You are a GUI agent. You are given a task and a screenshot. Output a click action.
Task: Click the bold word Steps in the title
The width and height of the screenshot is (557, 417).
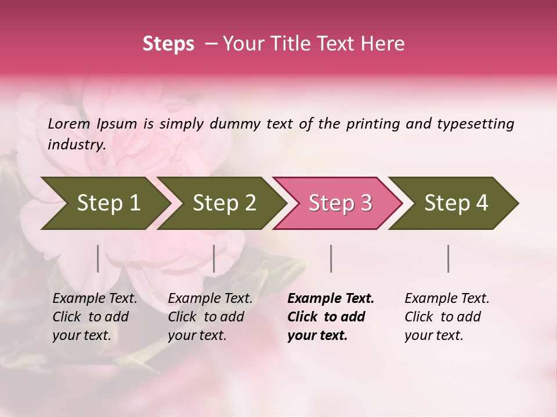(x=168, y=44)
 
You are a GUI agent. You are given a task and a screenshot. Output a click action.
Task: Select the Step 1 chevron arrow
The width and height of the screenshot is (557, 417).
(x=104, y=203)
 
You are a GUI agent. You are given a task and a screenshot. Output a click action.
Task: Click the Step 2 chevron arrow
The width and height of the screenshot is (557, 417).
(x=221, y=203)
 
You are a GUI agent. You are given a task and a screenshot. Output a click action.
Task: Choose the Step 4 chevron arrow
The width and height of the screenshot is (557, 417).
(x=453, y=203)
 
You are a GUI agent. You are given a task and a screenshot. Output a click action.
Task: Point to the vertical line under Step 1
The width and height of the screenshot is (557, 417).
(x=98, y=258)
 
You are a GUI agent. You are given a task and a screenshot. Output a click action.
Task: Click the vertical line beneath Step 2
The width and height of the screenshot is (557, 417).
(x=214, y=258)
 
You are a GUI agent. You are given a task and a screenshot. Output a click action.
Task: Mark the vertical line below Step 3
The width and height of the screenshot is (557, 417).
(x=331, y=258)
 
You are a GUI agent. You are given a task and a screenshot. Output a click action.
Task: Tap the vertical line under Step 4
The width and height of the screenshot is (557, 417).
(x=448, y=258)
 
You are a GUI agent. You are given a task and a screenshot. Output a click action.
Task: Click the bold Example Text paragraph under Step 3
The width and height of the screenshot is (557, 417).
(x=331, y=317)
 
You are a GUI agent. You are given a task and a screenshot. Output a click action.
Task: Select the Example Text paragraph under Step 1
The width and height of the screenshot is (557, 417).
(x=95, y=317)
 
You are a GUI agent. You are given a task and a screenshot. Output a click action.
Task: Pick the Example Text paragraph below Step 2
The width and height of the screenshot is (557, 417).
(x=210, y=317)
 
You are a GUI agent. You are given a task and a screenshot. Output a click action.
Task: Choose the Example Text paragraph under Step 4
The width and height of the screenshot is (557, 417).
(x=447, y=317)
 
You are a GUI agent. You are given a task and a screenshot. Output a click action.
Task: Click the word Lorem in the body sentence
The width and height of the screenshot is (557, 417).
(x=69, y=123)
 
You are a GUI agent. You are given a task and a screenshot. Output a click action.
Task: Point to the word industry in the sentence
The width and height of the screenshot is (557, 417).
(x=76, y=145)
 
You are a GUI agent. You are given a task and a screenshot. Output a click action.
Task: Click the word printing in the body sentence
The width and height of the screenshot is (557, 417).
(x=372, y=123)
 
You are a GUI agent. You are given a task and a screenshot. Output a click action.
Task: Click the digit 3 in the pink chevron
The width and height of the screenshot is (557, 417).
(x=366, y=203)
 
